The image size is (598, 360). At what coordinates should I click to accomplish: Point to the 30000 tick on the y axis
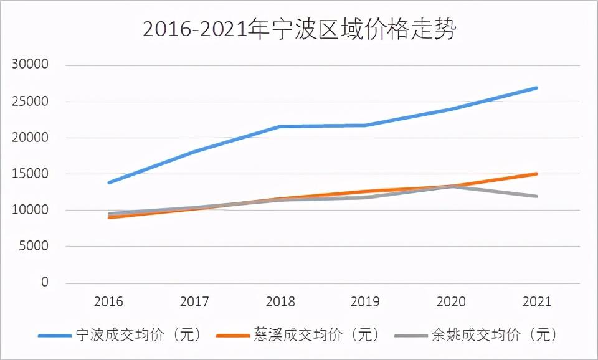pos(31,65)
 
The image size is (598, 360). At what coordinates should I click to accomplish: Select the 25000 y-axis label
pos(31,102)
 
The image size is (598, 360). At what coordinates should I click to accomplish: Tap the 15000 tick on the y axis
pos(31,174)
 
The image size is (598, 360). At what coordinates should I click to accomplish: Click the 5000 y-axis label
pos(34,246)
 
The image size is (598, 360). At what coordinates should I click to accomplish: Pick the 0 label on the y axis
pos(44,282)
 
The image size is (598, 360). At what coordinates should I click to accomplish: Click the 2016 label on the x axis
pos(108,302)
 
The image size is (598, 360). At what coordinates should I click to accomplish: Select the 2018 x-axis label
pos(280,302)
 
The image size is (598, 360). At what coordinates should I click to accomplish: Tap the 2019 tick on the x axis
pos(366,302)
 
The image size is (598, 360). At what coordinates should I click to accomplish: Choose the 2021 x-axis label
pos(537,302)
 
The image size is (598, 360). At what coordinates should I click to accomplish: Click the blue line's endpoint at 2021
pos(536,88)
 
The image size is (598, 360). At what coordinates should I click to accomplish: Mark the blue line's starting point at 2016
pos(109,182)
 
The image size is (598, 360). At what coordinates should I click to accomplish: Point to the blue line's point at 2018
pos(280,126)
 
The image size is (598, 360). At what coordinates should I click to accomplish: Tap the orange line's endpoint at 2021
pos(536,174)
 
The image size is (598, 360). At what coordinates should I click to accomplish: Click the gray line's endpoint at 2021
pos(536,196)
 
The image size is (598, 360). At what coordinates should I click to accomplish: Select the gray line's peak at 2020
pos(451,186)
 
